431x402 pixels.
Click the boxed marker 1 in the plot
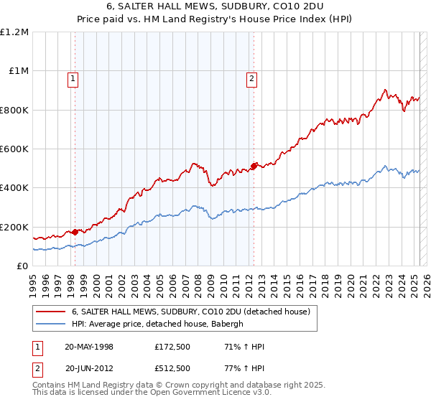(73, 80)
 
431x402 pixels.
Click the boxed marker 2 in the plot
(252, 80)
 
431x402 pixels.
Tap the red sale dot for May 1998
(75, 232)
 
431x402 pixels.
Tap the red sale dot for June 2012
(254, 166)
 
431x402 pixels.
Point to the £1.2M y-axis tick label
(14, 32)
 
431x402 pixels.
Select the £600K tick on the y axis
(14, 149)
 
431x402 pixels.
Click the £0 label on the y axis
(23, 266)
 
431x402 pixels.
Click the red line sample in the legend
(50, 312)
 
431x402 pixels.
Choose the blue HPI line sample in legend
(50, 324)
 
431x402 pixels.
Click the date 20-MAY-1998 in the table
(89, 347)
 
